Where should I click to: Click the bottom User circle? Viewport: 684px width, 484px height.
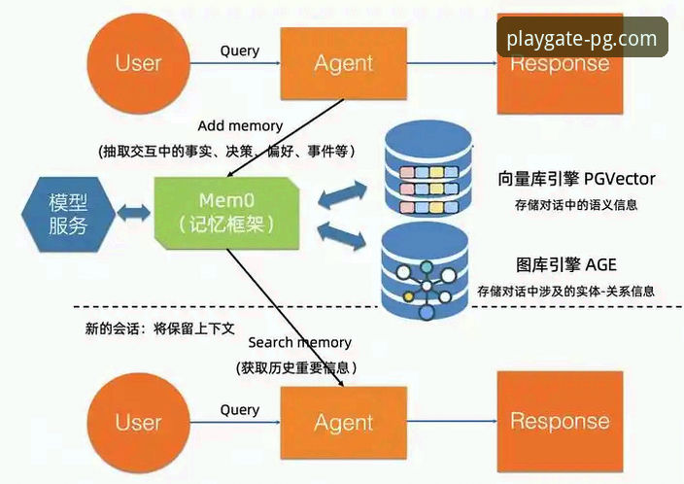pos(138,422)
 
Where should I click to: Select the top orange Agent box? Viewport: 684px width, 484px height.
pos(343,64)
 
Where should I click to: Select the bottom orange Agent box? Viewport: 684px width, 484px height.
pos(343,423)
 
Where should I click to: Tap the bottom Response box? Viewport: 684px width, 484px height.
pos(560,422)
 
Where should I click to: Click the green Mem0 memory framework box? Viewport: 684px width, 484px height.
pos(223,210)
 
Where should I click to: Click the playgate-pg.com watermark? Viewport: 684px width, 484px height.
pos(582,40)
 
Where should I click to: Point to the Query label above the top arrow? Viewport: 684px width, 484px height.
pos(240,51)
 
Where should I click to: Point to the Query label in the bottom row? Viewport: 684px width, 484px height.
pos(240,409)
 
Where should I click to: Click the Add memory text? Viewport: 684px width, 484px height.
pos(240,125)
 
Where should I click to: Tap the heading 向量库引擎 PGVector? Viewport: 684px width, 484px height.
pos(575,180)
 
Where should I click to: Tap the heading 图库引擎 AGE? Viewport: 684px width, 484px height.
pos(566,265)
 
